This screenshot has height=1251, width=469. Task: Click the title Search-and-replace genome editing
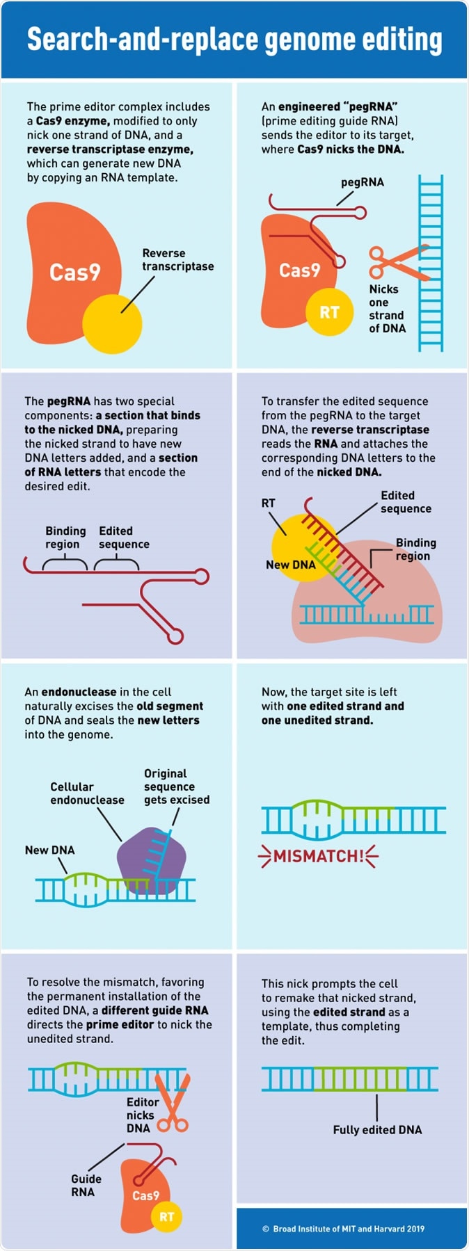tap(234, 40)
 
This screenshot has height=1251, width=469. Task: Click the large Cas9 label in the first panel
tap(75, 272)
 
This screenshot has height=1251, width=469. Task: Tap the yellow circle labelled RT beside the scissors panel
tap(329, 312)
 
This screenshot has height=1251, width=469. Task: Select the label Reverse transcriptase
tap(177, 259)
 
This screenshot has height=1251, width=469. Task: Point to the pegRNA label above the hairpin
tap(362, 182)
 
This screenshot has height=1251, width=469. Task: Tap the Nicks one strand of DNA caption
tap(386, 308)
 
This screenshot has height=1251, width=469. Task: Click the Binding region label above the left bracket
tap(65, 538)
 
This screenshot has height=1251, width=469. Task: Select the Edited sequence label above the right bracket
tap(124, 538)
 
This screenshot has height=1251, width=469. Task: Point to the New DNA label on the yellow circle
tap(291, 565)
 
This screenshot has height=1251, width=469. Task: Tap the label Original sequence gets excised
tap(176, 786)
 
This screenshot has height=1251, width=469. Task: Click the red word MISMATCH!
tap(319, 856)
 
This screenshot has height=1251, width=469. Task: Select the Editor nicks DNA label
tap(142, 1115)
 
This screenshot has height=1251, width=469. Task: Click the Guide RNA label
tap(86, 1185)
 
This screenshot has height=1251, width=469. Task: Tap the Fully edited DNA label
tap(377, 1129)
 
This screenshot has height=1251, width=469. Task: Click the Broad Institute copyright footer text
tap(343, 1229)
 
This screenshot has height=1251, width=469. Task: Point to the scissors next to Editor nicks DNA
tap(172, 1102)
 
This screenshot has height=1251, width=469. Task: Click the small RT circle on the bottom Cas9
tap(167, 1216)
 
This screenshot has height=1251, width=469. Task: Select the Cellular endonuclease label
tap(87, 793)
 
